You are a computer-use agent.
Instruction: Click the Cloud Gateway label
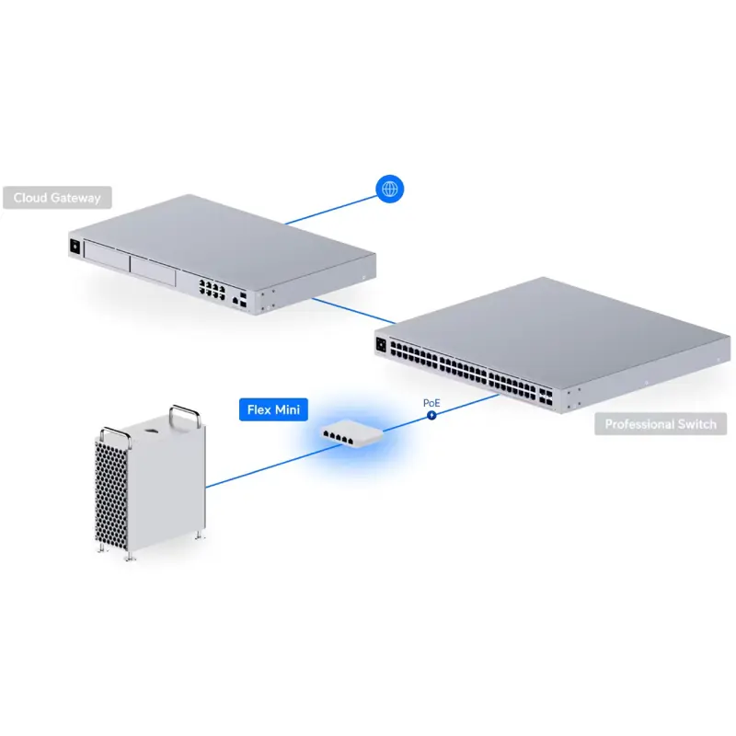pos(57,197)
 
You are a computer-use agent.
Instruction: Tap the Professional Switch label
pos(660,425)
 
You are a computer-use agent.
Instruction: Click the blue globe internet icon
pos(390,190)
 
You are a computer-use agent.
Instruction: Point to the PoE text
pos(431,402)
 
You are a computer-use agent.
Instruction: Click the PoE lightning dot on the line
pos(431,416)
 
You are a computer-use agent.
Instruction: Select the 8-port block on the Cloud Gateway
pos(212,290)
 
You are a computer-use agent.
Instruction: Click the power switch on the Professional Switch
pos(380,347)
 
